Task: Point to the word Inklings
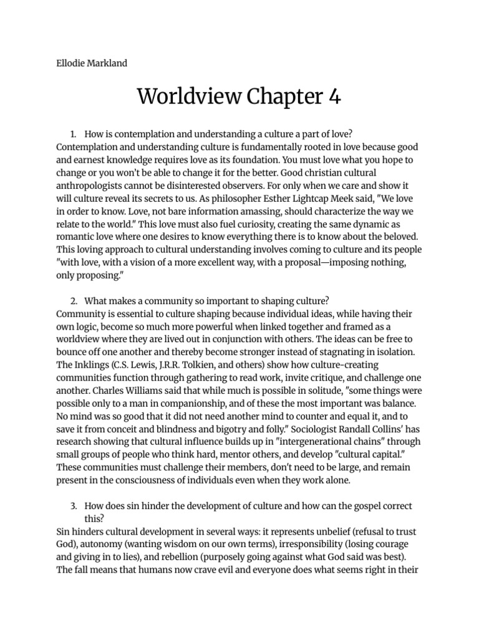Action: tap(92, 364)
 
